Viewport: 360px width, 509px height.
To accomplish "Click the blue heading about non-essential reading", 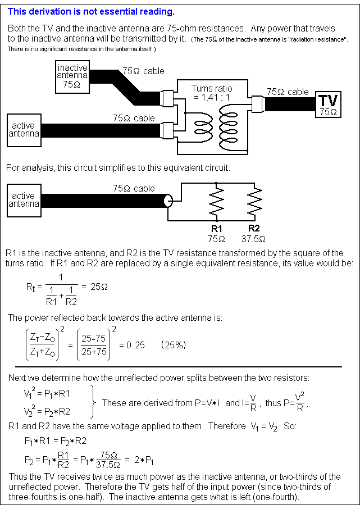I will pyautogui.click(x=91, y=12).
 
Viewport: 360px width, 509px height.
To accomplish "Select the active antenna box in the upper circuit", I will pyautogui.click(x=24, y=130).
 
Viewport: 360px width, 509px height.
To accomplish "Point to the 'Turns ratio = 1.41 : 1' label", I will pyautogui.click(x=211, y=93).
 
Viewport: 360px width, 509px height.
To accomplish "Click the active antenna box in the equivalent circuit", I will pyautogui.click(x=24, y=200).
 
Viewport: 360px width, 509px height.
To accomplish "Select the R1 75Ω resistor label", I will pyautogui.click(x=216, y=233).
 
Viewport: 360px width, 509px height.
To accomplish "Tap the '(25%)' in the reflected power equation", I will pyautogui.click(x=174, y=345).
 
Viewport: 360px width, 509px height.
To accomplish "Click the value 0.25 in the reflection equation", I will pyautogui.click(x=134, y=345).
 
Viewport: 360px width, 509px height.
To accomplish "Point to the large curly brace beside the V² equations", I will pyautogui.click(x=93, y=403).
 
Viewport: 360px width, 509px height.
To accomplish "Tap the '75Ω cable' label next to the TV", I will pyautogui.click(x=288, y=92).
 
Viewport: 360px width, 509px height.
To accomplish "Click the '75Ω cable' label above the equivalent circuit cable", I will pyautogui.click(x=134, y=188).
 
